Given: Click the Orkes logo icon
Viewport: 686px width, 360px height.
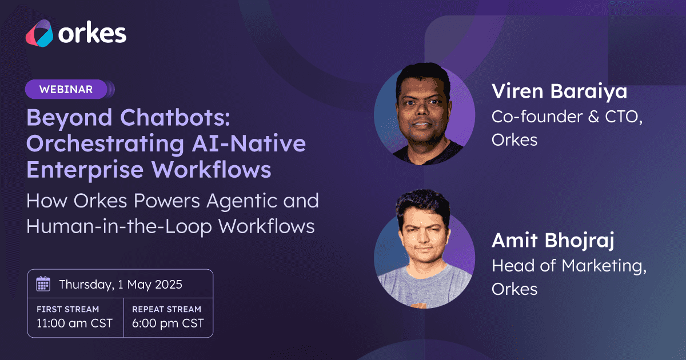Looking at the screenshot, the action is (x=39, y=33).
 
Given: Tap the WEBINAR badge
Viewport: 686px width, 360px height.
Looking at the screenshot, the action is (x=70, y=89).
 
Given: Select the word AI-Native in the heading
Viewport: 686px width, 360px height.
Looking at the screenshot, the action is (x=249, y=143).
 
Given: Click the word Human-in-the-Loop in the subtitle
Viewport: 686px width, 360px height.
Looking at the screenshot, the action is (x=119, y=226).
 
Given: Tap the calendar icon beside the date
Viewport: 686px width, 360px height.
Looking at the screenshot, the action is (x=43, y=284).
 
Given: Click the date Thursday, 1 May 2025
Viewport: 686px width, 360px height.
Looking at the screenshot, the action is (x=121, y=285).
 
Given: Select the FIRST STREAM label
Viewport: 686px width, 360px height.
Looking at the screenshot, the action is (x=67, y=309).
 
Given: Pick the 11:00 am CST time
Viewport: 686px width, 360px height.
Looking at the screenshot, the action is (x=74, y=323).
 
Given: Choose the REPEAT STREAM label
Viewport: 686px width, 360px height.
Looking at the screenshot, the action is (x=166, y=309).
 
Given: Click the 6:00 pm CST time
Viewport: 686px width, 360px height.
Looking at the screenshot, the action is (x=168, y=323).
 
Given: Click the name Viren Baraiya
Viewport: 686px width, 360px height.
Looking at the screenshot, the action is (x=559, y=92).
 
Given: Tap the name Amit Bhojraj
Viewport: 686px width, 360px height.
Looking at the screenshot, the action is (x=553, y=241).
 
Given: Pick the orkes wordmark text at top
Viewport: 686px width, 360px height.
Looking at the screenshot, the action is (x=92, y=33).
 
